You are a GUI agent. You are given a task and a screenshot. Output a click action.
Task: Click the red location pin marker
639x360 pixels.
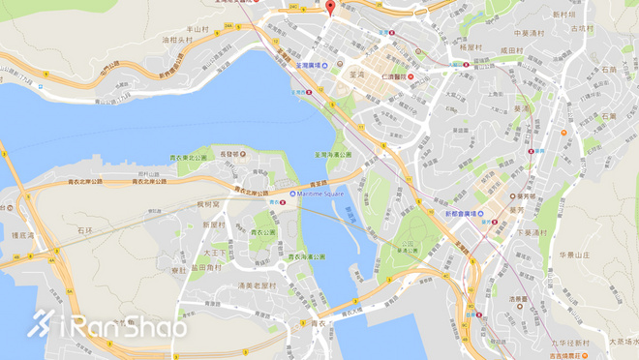331,9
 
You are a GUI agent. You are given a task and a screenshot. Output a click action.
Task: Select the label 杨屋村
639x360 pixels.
472,46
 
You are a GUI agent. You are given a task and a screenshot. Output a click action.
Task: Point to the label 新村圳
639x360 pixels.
563,15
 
